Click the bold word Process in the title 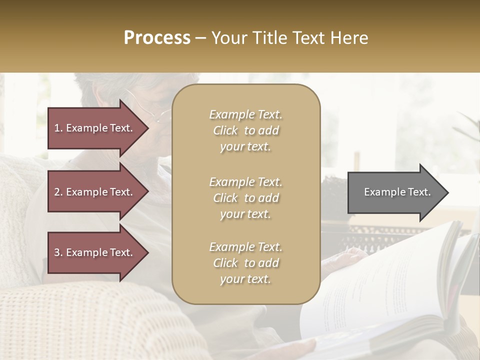point(157,38)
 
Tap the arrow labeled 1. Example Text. point(95,128)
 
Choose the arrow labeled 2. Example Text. point(95,192)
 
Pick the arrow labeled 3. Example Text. point(95,252)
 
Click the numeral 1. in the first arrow point(58,128)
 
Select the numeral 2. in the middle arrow point(58,192)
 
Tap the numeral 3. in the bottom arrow point(58,252)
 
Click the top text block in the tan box point(245,130)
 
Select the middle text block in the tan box point(245,198)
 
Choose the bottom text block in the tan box point(245,263)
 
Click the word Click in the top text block point(225,130)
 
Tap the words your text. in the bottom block point(245,279)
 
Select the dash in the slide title point(200,38)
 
